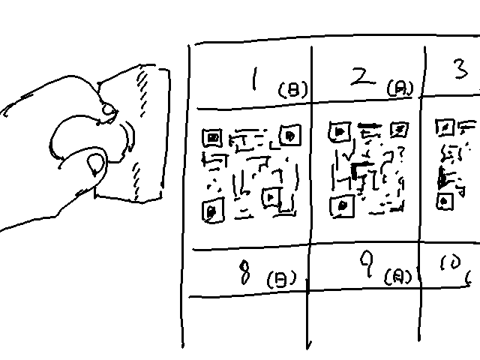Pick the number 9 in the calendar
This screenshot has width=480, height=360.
(366, 262)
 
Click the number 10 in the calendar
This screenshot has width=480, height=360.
(451, 264)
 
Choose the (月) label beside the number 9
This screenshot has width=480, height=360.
(398, 277)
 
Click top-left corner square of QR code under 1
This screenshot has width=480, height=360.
(211, 138)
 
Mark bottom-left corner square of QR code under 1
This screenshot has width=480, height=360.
(213, 211)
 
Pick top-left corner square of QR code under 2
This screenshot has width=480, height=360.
(339, 133)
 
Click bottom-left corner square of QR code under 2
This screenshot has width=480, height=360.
(343, 205)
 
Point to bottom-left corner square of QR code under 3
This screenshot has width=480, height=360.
(446, 201)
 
